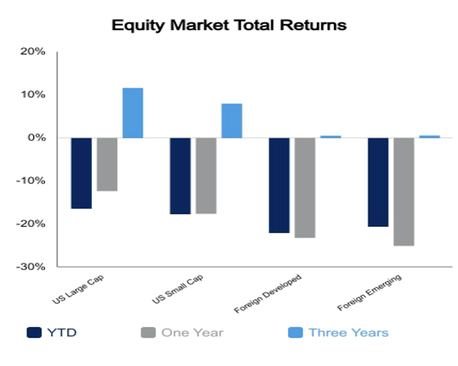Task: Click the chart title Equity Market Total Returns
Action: point(229,26)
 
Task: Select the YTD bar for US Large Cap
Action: point(82,173)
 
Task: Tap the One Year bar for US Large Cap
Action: point(107,165)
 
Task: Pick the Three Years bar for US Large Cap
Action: point(133,113)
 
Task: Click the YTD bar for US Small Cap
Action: point(181,176)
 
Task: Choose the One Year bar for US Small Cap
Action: point(206,176)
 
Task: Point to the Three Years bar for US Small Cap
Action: point(232,121)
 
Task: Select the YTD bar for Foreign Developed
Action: point(279,185)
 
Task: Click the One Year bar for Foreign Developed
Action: point(305,188)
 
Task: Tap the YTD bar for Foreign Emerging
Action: point(378,182)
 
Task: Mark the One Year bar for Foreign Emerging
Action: point(404,192)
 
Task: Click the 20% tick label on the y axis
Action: point(33,52)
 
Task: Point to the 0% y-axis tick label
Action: point(37,138)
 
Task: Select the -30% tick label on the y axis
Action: point(30,267)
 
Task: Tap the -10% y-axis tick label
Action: point(30,181)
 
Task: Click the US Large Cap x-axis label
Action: point(78,289)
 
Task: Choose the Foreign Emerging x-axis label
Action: point(370,292)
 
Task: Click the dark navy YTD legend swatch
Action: point(34,332)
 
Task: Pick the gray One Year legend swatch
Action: point(148,332)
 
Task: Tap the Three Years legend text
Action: point(349,332)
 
